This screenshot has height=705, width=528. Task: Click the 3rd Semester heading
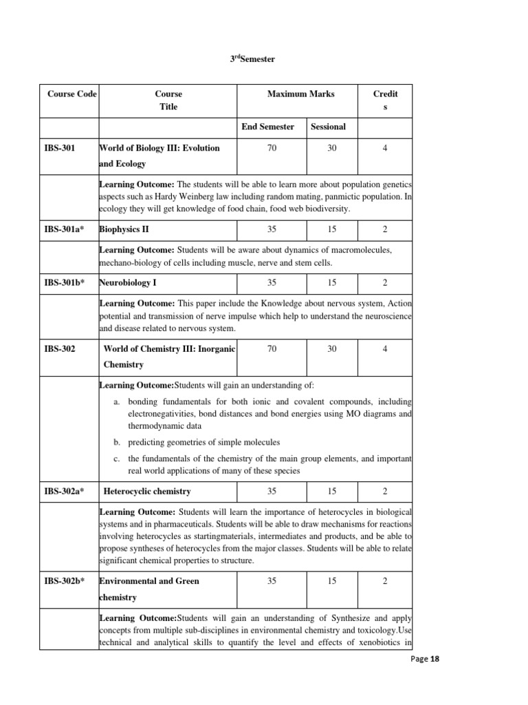[252, 59]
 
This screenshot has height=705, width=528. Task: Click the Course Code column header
[71, 94]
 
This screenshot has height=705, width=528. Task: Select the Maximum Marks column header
[300, 94]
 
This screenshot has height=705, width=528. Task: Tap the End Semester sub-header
[267, 127]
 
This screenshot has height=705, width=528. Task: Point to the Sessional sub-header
[328, 127]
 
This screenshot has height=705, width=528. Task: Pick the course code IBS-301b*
[64, 283]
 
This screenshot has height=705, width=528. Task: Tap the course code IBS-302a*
[63, 492]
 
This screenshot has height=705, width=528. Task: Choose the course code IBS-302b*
[64, 581]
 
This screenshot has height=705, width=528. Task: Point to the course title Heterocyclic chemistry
[147, 492]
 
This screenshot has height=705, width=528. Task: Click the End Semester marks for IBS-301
[272, 148]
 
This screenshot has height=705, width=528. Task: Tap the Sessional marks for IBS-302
[332, 349]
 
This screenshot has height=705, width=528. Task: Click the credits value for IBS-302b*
[385, 581]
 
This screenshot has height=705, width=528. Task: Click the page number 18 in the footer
[434, 659]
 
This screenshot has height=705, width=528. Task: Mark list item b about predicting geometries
[203, 442]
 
